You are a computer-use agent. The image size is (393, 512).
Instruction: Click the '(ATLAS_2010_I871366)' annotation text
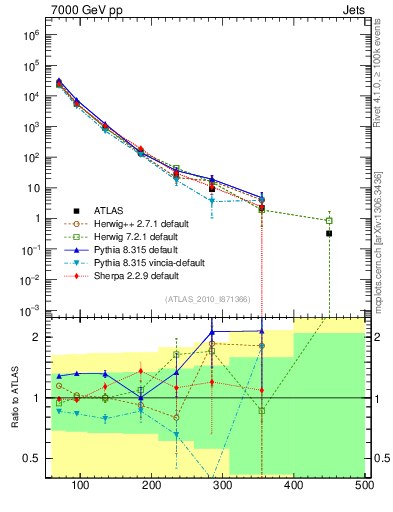[207, 300]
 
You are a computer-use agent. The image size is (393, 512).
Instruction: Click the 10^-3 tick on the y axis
[33, 310]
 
